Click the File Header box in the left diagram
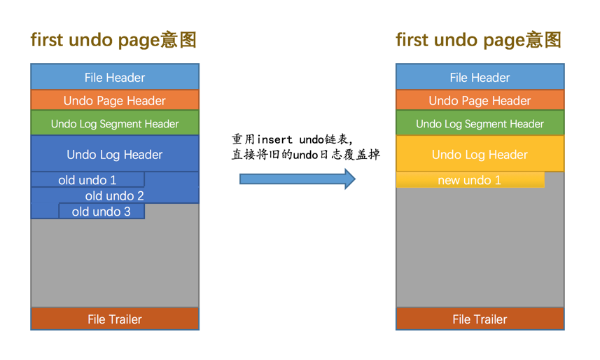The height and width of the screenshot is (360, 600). click(x=115, y=77)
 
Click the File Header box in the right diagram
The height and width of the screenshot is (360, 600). click(x=480, y=77)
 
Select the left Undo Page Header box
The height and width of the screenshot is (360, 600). click(x=115, y=100)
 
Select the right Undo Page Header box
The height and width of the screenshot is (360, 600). click(x=480, y=100)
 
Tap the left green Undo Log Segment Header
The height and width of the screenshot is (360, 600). click(x=115, y=124)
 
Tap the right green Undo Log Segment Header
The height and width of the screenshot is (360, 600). click(x=480, y=124)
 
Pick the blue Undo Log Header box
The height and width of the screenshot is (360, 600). click(x=115, y=154)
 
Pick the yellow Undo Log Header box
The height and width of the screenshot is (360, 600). click(x=480, y=154)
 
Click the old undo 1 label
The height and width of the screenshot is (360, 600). click(x=88, y=180)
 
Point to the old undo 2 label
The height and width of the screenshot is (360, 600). click(x=115, y=196)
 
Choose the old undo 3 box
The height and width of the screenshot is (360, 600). click(x=102, y=212)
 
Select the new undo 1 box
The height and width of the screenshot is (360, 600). click(x=470, y=180)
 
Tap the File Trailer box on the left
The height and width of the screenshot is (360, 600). click(x=115, y=319)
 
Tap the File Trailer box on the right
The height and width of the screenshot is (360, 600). click(x=480, y=319)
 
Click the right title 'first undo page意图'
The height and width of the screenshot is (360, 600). click(x=479, y=40)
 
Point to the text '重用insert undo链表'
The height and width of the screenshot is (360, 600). click(x=293, y=139)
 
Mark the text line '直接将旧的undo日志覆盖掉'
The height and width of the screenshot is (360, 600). click(x=306, y=154)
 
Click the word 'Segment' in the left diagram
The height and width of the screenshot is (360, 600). click(x=118, y=124)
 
